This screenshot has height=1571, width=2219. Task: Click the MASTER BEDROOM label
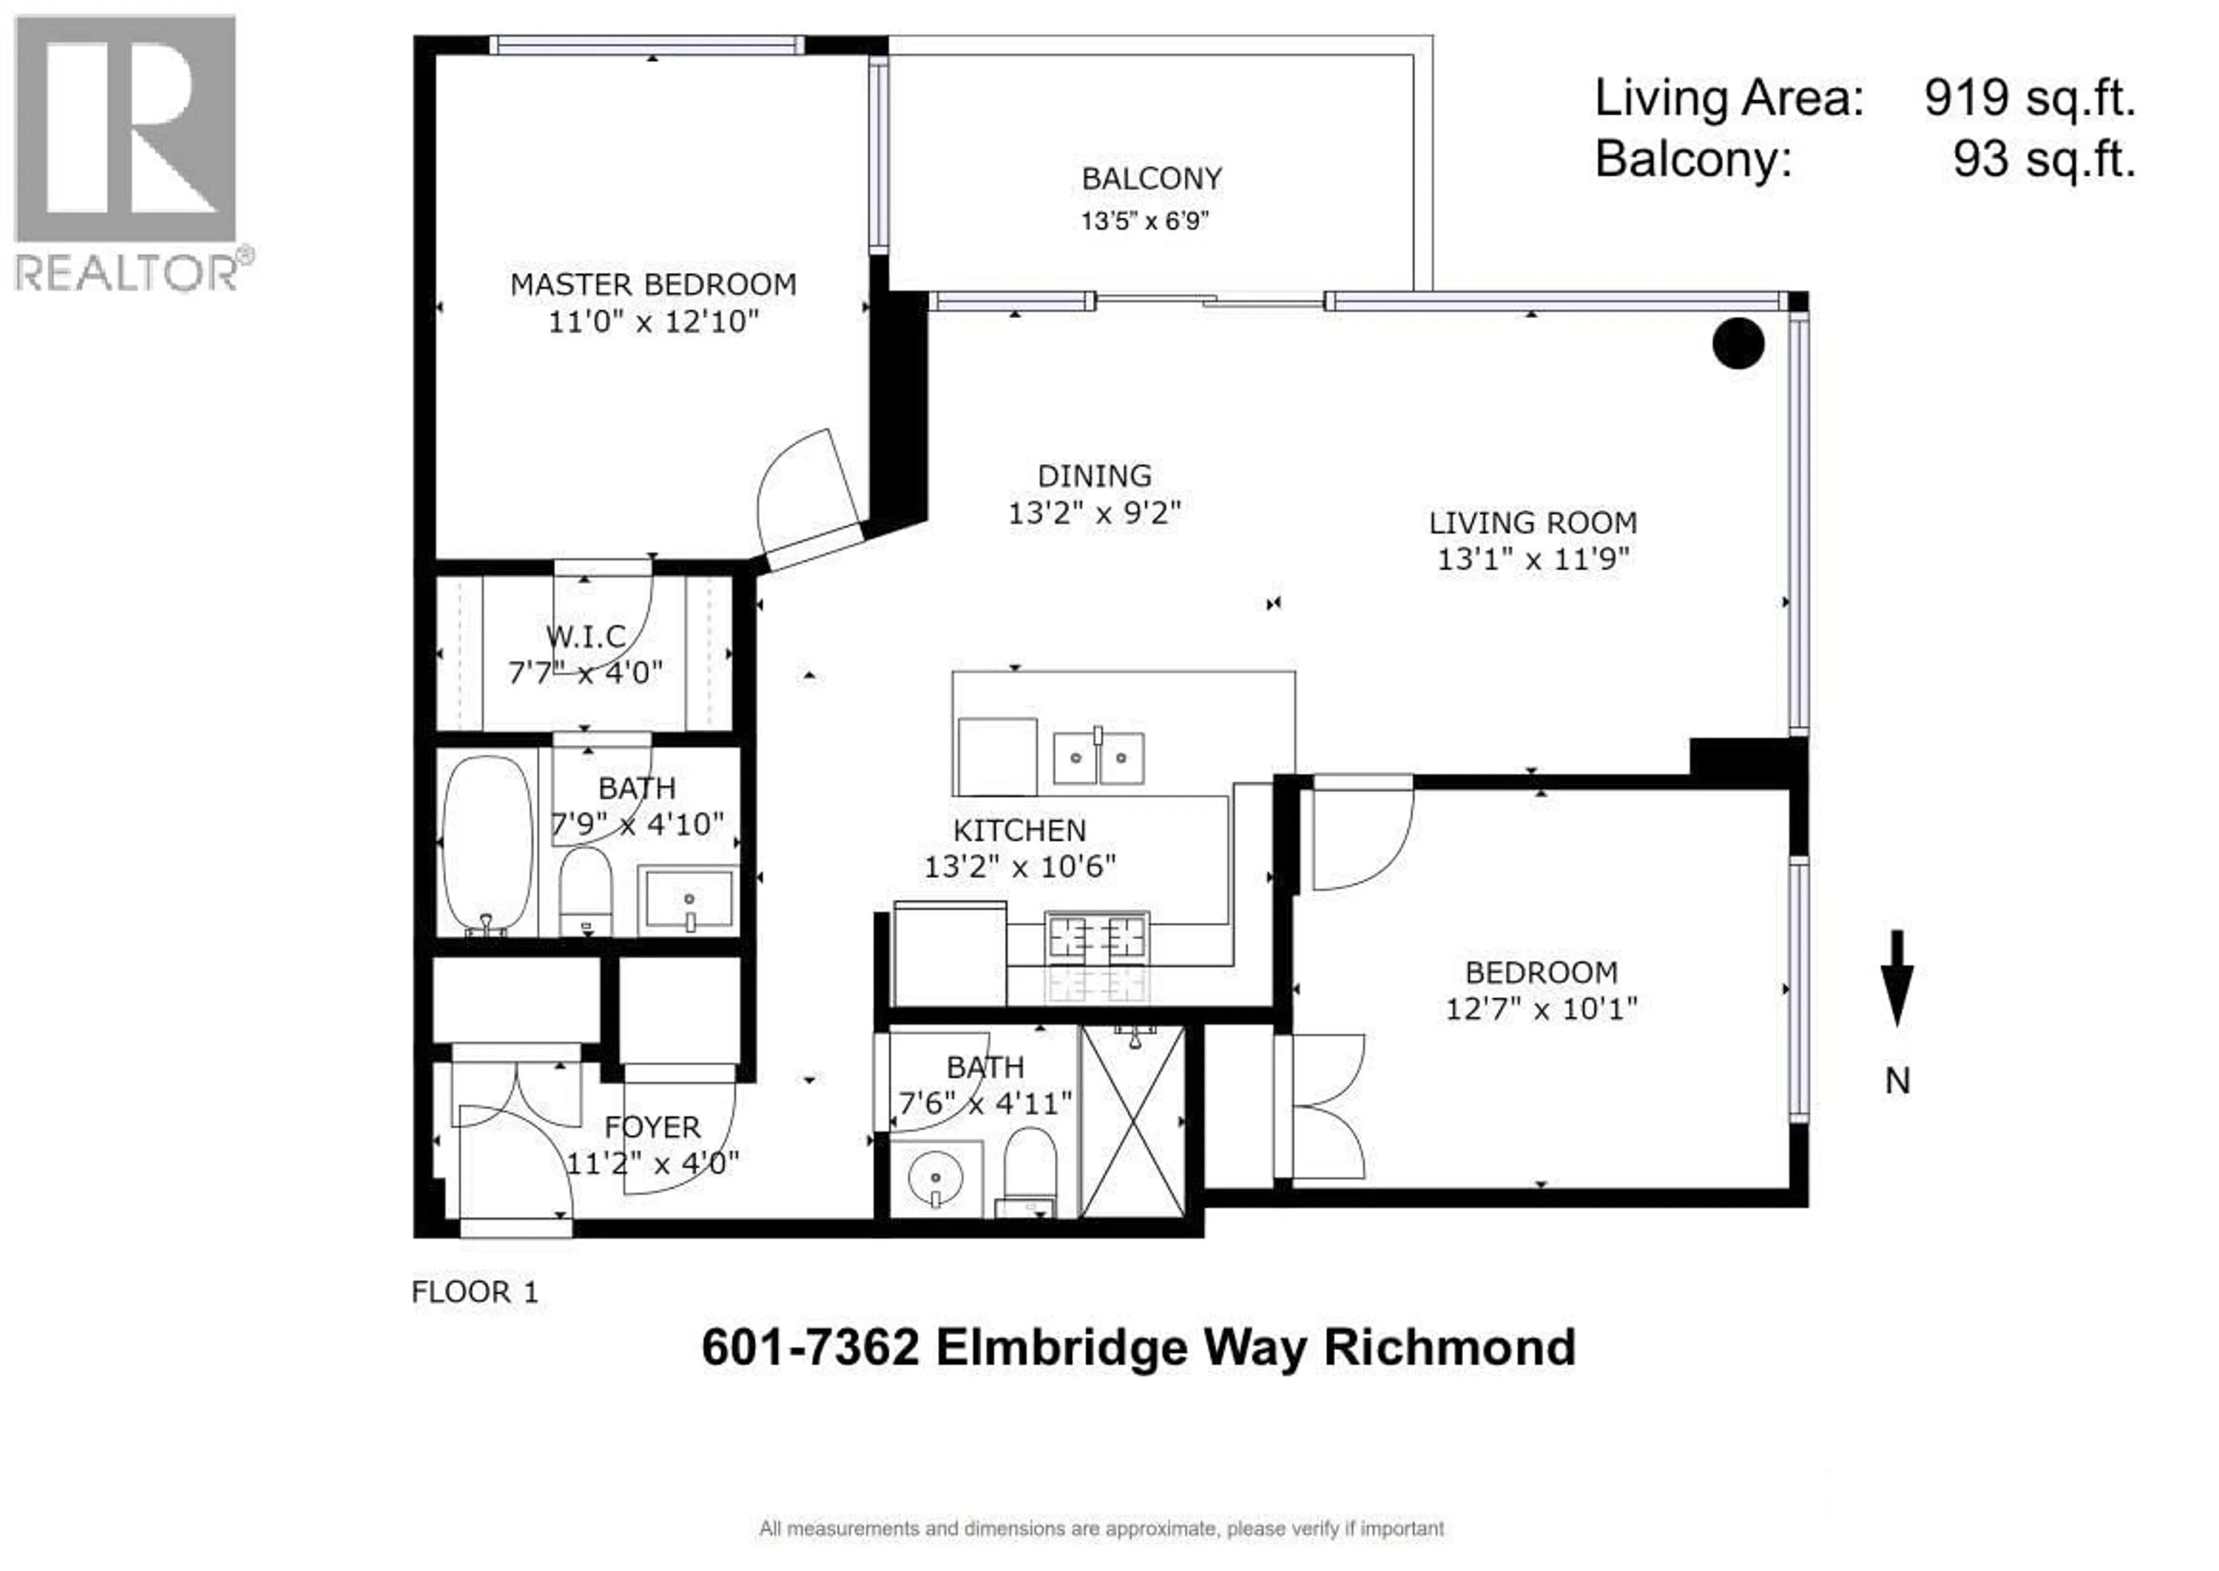coord(653,284)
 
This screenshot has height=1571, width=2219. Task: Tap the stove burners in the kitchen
coord(1097,937)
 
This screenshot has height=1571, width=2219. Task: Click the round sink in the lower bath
coord(936,1178)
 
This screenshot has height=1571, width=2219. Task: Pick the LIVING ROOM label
coord(1532,522)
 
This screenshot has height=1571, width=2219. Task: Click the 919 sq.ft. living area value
coord(2028,98)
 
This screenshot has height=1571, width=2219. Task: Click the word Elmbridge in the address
coord(1061,1347)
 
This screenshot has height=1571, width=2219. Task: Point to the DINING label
coord(1094,476)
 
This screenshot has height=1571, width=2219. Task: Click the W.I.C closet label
coord(585,637)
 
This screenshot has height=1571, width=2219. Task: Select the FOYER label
coord(652,1127)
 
